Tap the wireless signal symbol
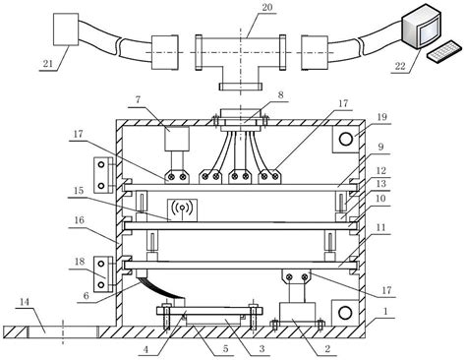click(x=181, y=209)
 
